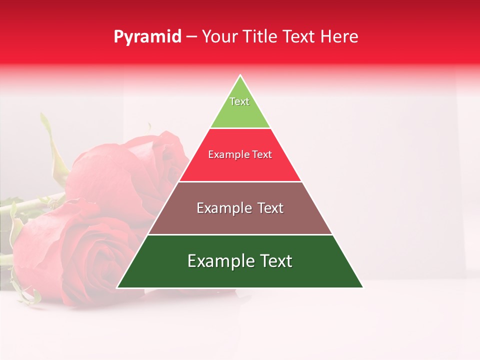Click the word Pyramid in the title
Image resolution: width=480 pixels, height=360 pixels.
[147, 37]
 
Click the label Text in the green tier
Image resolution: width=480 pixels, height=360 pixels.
[239, 101]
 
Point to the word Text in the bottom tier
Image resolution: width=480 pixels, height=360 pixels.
[274, 261]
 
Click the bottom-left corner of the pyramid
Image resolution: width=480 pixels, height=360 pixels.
[117, 287]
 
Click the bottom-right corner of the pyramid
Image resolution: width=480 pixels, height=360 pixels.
[362, 287]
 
